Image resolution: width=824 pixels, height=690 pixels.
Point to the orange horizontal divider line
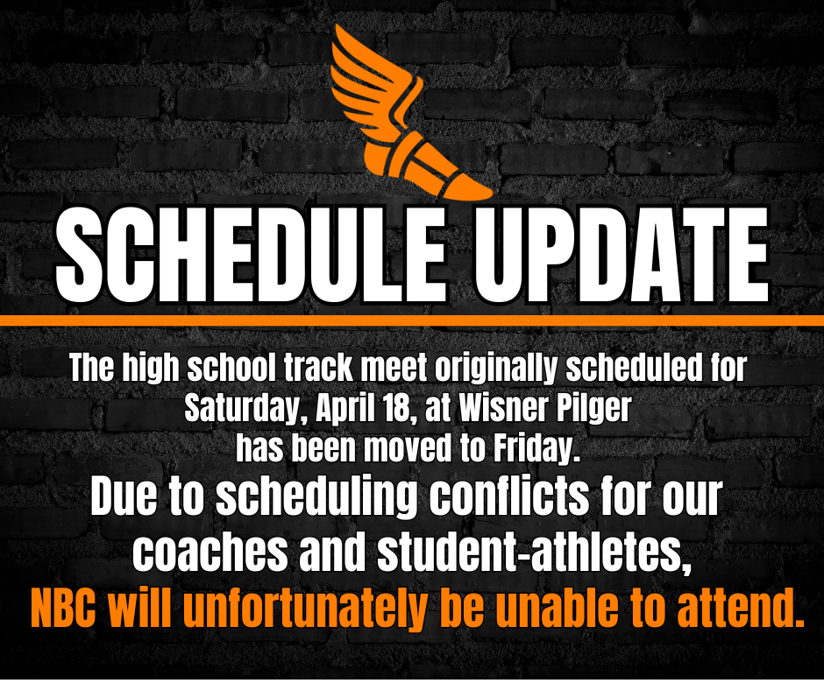[x=412, y=320]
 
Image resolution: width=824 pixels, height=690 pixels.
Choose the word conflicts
[x=519, y=500]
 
